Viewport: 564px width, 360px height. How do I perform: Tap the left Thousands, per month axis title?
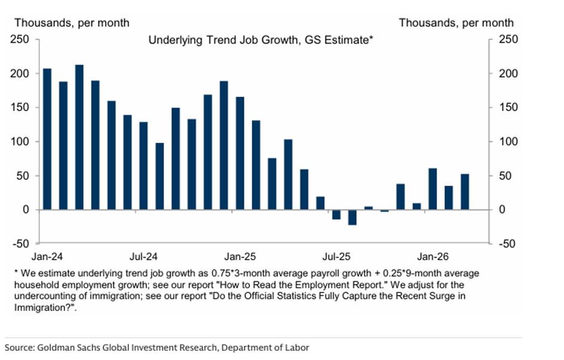72,23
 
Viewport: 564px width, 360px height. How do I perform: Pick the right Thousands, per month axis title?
456,23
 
